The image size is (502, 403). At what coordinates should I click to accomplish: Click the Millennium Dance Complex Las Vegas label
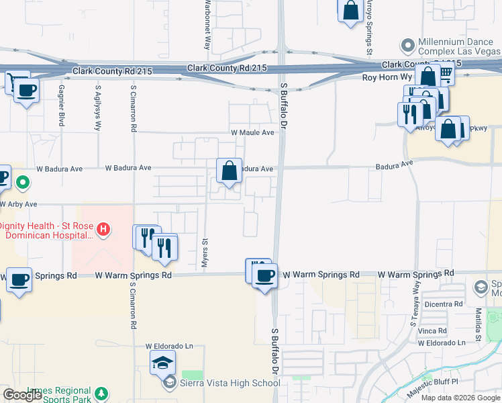458,46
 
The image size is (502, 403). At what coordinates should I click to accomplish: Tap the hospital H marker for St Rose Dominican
103,230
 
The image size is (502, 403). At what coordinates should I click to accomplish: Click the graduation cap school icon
162,363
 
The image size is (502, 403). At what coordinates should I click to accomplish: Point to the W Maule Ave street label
252,133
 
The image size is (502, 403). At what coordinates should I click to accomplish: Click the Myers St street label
203,253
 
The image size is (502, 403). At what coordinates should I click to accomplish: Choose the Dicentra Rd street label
444,304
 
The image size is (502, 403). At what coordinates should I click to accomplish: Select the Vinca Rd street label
432,330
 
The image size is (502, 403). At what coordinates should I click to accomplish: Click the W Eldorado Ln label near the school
170,347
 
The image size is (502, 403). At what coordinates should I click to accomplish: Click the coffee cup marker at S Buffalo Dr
265,275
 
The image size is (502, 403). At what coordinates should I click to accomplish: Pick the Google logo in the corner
23,395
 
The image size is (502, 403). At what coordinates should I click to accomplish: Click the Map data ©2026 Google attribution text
460,397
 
